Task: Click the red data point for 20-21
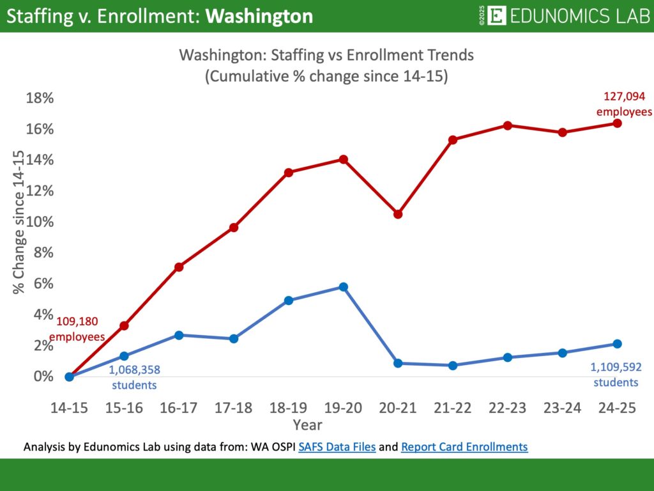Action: tap(398, 214)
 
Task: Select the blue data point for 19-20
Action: tap(343, 287)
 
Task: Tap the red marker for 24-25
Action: tap(617, 123)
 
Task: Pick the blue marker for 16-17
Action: tap(179, 335)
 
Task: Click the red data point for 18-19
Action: tap(288, 173)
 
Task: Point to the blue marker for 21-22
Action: tap(453, 366)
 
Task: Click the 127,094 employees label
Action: tap(624, 104)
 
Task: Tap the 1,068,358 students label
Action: tap(133, 377)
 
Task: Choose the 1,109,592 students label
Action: tap(616, 375)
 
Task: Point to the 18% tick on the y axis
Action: tap(40, 98)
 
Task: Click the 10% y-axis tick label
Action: tap(40, 222)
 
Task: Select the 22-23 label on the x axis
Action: tap(507, 409)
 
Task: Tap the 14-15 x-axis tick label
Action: tap(69, 409)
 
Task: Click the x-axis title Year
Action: tap(307, 425)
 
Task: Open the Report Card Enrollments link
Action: tap(464, 448)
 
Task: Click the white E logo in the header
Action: tap(496, 15)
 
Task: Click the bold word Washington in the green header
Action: tap(261, 16)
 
